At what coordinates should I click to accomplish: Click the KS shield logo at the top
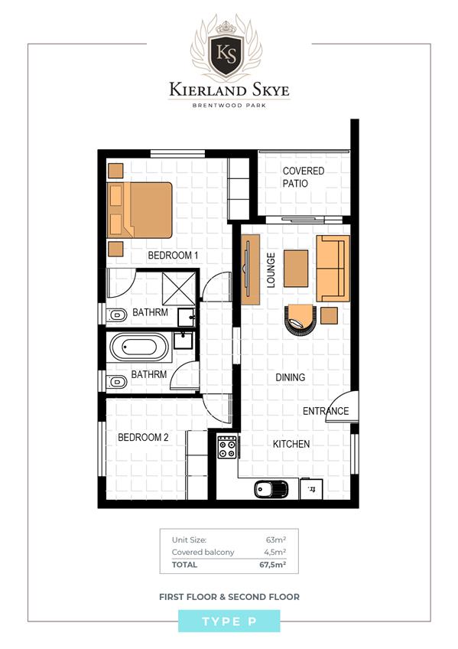point(226,56)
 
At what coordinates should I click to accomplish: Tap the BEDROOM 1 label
point(173,256)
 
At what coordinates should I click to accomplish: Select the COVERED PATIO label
point(303,177)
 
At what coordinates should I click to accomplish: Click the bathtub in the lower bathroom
point(139,347)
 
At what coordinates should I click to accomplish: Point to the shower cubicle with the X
point(179,289)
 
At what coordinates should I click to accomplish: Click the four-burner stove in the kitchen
point(227,447)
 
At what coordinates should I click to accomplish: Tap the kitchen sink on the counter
point(271,489)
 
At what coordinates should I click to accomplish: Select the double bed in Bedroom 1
point(140,210)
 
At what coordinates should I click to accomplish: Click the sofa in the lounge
point(333,268)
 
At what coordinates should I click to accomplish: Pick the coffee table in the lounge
point(296,269)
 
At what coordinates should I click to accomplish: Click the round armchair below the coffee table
point(300,320)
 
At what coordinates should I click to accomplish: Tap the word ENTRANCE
point(326,411)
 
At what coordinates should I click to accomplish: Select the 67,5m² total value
point(273,565)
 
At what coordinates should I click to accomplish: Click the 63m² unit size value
point(276,540)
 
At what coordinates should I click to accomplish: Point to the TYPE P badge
point(229,621)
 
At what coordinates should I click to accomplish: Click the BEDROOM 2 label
point(143,438)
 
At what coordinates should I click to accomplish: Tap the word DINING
point(291,377)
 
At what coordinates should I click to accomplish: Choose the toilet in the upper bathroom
point(116,315)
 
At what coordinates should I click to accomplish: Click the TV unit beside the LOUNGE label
point(250,270)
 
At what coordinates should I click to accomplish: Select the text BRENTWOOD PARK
point(229,105)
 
